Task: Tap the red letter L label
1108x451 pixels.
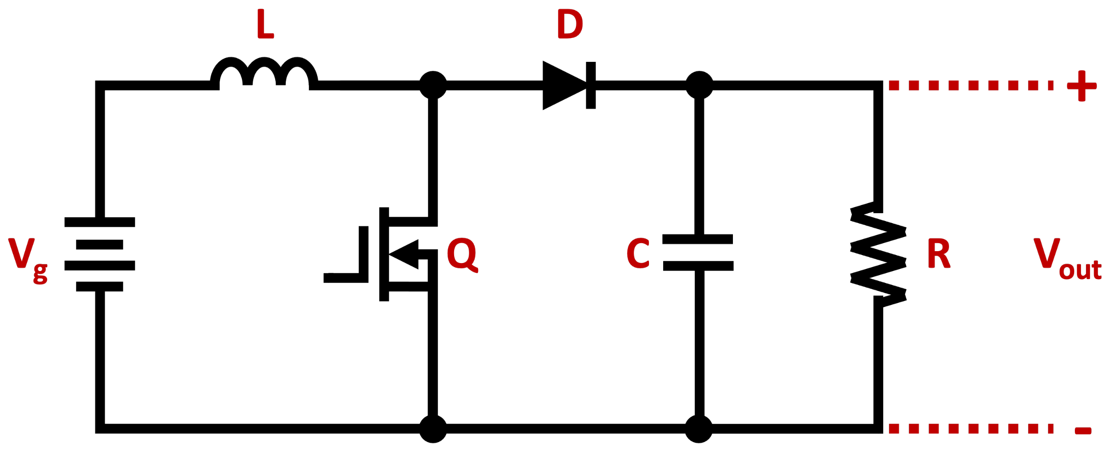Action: click(265, 24)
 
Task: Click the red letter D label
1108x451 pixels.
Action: click(569, 24)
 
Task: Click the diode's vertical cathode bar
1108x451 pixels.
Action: click(591, 85)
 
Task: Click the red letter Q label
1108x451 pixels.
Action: click(462, 254)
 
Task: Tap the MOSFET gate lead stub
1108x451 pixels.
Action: click(342, 278)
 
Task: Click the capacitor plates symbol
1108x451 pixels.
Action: click(698, 252)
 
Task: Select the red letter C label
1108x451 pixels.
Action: click(638, 253)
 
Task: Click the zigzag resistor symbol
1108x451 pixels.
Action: click(878, 254)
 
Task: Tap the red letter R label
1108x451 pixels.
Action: click(938, 253)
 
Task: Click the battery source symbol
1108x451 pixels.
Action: click(99, 254)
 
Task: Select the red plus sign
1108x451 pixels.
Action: click(1081, 86)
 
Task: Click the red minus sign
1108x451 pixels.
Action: click(1083, 431)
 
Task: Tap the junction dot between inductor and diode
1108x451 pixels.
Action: click(433, 85)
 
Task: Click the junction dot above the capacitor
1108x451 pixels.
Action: click(699, 85)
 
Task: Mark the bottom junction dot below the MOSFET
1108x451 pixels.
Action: click(433, 428)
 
